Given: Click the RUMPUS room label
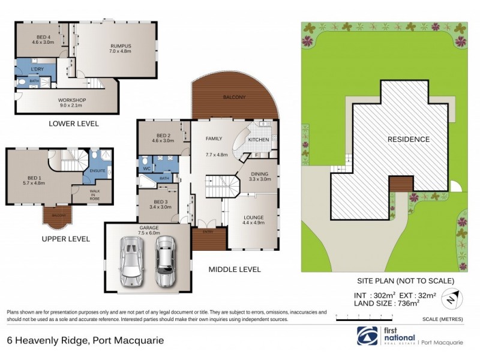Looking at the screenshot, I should [x=120, y=48].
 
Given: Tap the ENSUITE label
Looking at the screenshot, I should [x=97, y=171].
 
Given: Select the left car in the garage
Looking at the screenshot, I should [x=131, y=261].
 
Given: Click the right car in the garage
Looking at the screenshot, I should [x=164, y=261].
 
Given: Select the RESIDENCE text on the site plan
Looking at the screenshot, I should [x=408, y=139].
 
